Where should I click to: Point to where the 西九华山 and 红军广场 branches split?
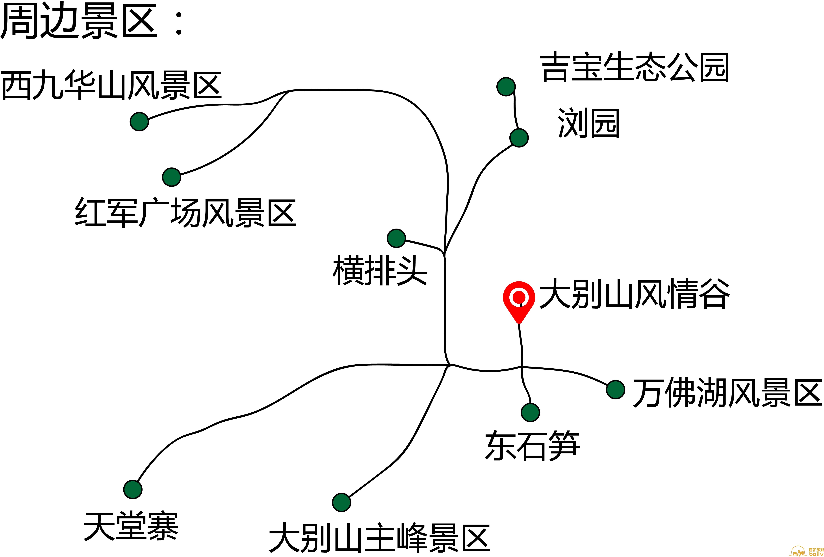tap(289, 91)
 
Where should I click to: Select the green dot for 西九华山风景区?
tap(139, 122)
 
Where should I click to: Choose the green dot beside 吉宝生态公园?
tap(506, 87)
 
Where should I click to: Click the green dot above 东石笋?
tap(530, 412)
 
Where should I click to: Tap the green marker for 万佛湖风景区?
tap(616, 389)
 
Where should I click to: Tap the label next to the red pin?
tap(635, 294)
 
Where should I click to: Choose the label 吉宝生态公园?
tap(635, 67)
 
